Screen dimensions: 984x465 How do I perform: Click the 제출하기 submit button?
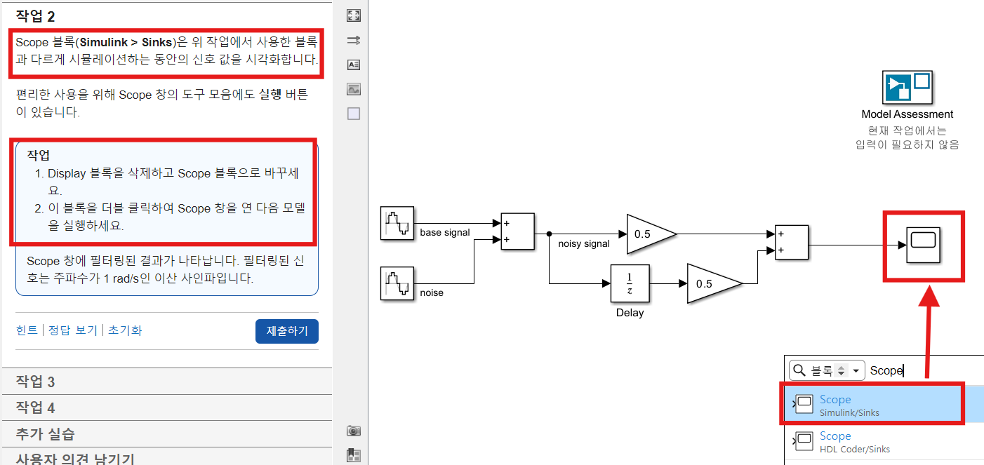click(x=287, y=331)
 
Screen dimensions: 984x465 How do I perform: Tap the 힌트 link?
click(x=27, y=330)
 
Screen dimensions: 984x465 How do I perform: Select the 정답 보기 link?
click(x=72, y=330)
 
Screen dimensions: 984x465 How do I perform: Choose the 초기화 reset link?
click(x=125, y=330)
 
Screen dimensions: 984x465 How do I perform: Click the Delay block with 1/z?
click(x=630, y=283)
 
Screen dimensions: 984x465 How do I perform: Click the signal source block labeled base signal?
click(x=397, y=223)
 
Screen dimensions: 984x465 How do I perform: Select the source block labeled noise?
click(x=397, y=283)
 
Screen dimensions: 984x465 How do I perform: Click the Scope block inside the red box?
click(x=924, y=245)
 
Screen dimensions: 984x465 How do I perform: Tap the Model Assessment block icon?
click(x=907, y=88)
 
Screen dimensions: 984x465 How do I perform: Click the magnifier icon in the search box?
click(x=799, y=370)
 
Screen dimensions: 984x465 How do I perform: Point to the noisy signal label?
click(x=584, y=243)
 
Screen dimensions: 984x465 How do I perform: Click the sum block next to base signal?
click(x=517, y=231)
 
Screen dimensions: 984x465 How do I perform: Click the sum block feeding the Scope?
click(x=792, y=243)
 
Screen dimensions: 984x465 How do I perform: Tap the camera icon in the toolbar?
click(x=354, y=431)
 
